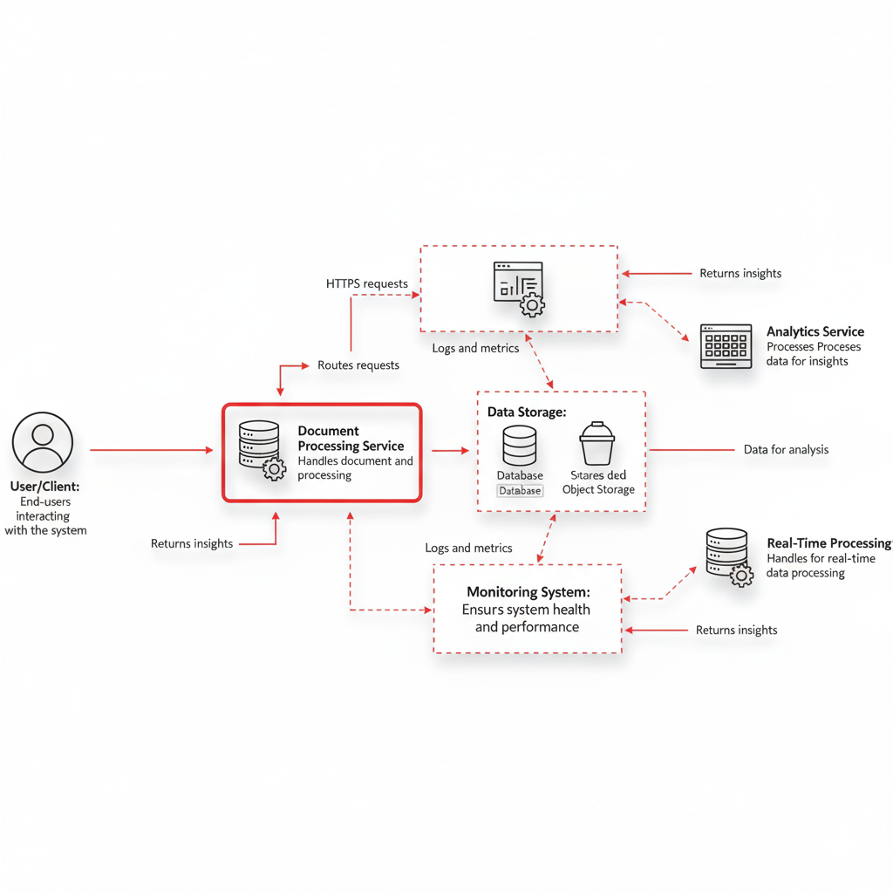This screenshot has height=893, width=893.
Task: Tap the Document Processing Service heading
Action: pos(351,438)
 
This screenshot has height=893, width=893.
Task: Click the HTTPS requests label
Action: pos(366,283)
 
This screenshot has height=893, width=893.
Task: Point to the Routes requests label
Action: pos(358,365)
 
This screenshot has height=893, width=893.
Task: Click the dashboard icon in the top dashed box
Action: pos(518,287)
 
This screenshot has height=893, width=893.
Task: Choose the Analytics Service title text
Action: pos(815,331)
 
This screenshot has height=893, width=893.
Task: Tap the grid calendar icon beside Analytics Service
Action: pos(726,346)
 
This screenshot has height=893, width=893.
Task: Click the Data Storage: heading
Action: pos(527,412)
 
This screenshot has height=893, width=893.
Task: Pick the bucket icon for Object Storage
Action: pos(597,444)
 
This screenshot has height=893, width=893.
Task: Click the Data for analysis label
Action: pos(786,450)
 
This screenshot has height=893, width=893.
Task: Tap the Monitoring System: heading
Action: pos(528,592)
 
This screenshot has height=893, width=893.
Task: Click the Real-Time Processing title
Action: pos(828,543)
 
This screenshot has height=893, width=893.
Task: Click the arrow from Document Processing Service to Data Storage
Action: pos(450,450)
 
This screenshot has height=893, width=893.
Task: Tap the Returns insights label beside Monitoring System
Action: pos(736,630)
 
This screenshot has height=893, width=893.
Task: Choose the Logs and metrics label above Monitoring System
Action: pos(468,549)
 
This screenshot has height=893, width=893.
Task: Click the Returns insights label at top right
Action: pos(740,273)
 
